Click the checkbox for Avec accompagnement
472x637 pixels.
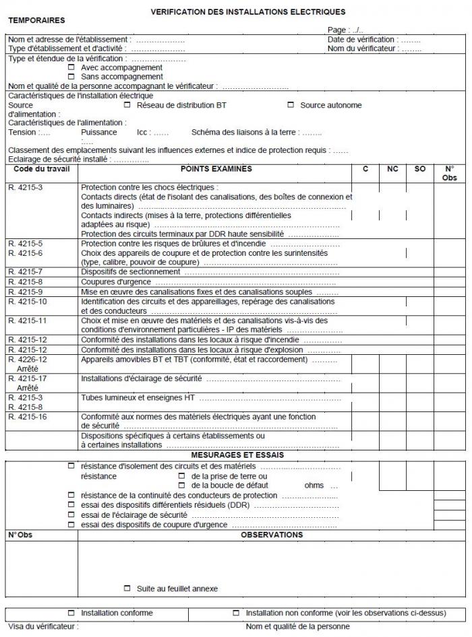tap(71, 67)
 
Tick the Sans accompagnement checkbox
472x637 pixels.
tap(71, 76)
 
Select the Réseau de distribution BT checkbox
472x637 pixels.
tap(127, 105)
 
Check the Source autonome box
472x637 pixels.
tap(291, 105)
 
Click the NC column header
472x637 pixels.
tap(392, 169)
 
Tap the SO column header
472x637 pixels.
tap(419, 169)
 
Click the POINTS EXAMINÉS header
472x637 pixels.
tap(216, 169)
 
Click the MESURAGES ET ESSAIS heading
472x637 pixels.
tap(235, 455)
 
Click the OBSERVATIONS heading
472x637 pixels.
tap(272, 535)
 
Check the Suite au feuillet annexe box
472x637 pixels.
tap(127, 589)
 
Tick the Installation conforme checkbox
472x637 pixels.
tap(71, 613)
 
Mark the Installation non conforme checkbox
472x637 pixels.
tap(236, 613)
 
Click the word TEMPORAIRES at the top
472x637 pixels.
tap(36, 21)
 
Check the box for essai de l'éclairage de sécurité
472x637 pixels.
tap(71, 514)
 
